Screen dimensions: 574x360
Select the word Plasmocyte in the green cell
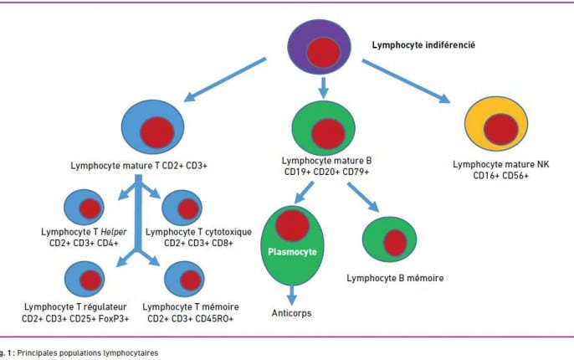[292, 252]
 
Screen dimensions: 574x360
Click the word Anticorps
[291, 313]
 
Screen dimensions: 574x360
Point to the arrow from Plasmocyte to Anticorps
[291, 296]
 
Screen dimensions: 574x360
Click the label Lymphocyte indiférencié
[423, 45]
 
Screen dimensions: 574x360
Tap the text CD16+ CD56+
[500, 176]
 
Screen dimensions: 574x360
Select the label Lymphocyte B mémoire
[395, 278]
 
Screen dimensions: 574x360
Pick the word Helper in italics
[114, 232]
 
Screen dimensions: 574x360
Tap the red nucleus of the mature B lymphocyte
[328, 134]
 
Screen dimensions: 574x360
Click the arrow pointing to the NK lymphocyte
[406, 81]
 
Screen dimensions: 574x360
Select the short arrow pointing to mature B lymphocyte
[323, 88]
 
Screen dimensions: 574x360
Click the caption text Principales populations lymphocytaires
[88, 353]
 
